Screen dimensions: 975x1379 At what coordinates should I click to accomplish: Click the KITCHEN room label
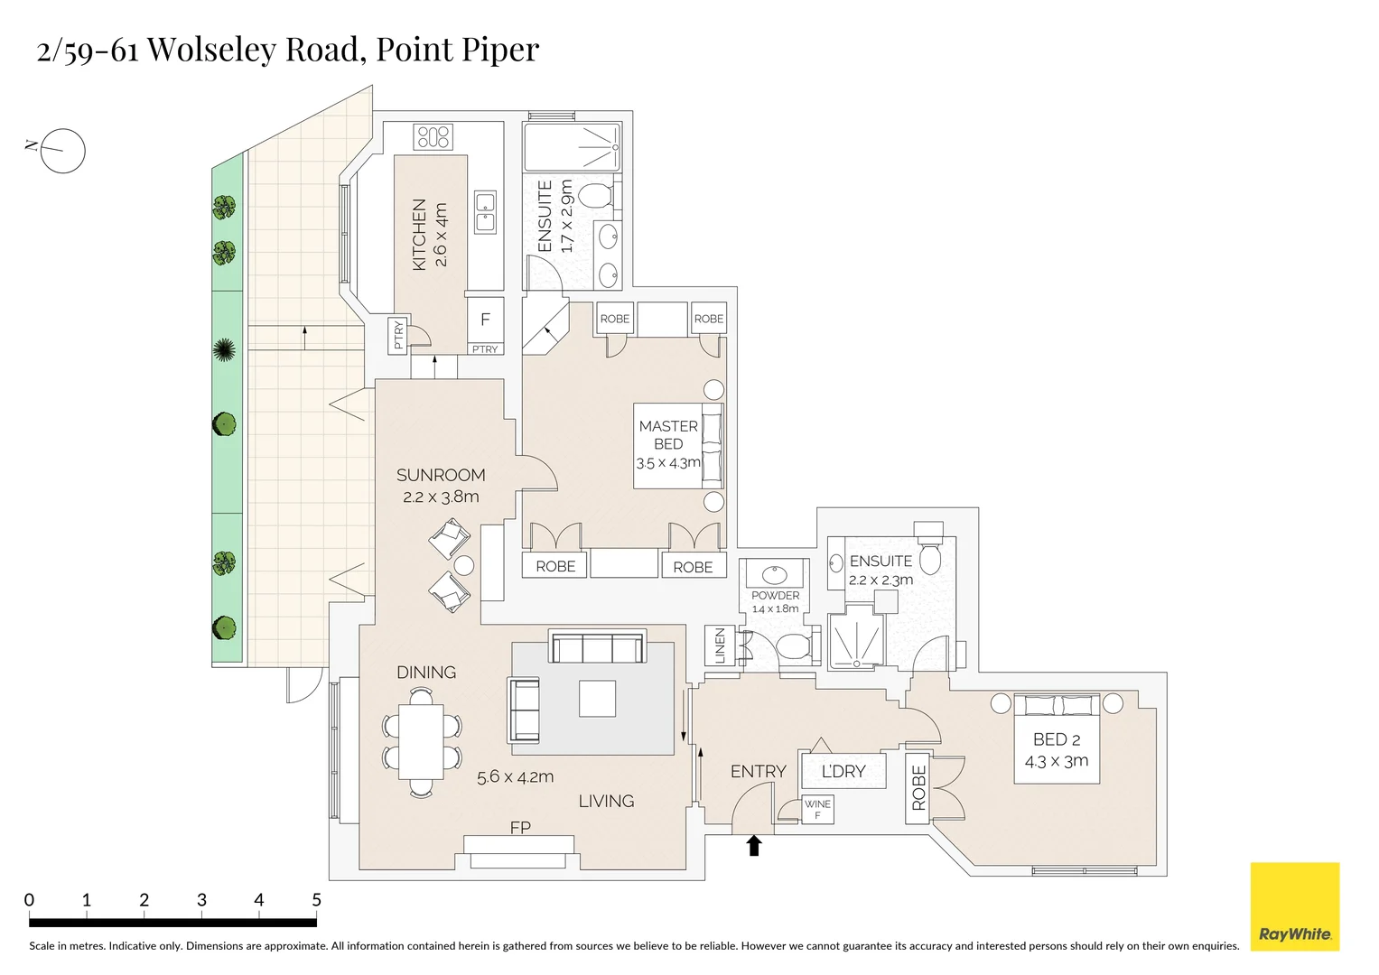419,234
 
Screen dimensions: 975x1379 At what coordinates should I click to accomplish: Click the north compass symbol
62,151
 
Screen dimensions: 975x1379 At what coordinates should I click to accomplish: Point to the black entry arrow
754,845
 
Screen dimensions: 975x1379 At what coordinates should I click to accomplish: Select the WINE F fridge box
817,809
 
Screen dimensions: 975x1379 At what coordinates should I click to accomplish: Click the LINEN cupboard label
720,646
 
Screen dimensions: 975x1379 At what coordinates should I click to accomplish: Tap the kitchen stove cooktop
433,137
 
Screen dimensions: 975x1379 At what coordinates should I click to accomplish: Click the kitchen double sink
486,212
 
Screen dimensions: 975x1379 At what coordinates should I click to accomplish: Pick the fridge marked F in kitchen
485,319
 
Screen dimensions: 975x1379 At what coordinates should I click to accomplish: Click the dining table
421,741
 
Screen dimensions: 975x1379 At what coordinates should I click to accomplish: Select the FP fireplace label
520,827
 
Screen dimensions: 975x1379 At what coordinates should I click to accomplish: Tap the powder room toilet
794,646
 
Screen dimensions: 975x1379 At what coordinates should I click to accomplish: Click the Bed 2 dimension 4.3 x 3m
1056,761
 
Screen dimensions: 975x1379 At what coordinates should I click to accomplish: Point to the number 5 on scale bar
316,899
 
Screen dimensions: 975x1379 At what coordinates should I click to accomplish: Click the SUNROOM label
441,475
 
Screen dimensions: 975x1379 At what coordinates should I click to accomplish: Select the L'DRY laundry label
843,771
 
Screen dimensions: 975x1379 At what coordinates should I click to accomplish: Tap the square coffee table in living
597,698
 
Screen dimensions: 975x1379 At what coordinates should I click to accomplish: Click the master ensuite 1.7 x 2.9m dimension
566,218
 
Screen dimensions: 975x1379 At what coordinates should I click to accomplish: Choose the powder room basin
775,575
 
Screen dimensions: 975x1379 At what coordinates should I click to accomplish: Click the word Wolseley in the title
210,49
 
